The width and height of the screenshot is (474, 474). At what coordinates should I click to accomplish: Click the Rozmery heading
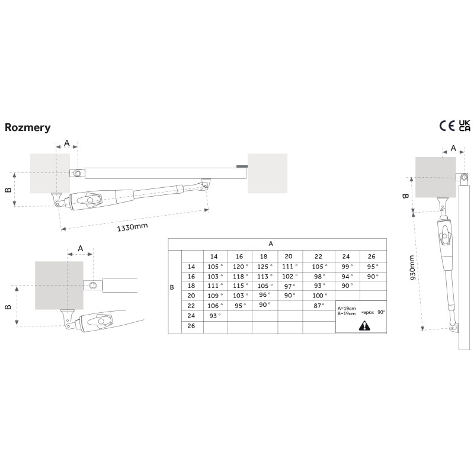coord(27,127)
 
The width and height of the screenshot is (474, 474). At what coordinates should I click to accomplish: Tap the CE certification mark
coord(447,126)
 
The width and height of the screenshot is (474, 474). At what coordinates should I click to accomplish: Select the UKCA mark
coord(465,126)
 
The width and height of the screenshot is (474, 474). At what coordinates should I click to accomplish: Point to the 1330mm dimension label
coord(132,227)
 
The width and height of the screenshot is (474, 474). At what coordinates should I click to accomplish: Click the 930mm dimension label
coord(411,268)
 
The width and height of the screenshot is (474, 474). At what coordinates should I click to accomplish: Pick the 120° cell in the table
coord(241,267)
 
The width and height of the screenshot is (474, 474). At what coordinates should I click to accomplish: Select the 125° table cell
coord(265,267)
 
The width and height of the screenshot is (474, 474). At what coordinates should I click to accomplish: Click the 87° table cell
coord(319,306)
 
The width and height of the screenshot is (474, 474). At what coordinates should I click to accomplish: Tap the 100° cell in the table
coord(320,296)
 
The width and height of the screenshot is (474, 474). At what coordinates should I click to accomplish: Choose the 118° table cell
coord(241,277)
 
